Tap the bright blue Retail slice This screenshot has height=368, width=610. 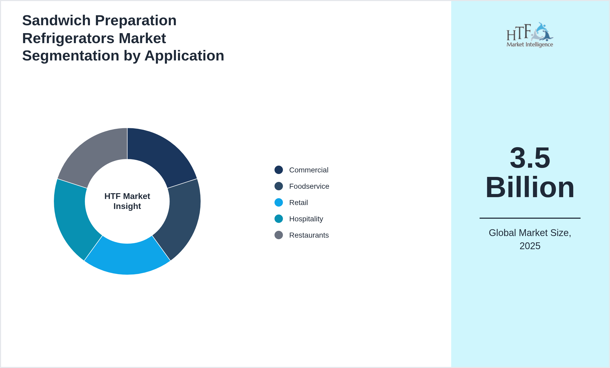(127, 259)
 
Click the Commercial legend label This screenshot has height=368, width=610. (308, 170)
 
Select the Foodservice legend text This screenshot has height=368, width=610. (309, 186)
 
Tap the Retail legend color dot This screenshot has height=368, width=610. (279, 203)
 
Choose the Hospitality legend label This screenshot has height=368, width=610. (306, 219)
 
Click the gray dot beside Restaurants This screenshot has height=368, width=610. (279, 235)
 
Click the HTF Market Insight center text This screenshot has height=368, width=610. (127, 201)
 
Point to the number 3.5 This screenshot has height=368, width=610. (530, 158)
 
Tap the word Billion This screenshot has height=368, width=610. (530, 187)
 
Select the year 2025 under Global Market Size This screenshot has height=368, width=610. (530, 246)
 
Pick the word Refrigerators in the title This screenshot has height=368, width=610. (68, 38)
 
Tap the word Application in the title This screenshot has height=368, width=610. (184, 56)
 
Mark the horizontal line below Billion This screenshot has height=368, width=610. (530, 218)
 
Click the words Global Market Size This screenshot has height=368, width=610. (530, 233)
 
